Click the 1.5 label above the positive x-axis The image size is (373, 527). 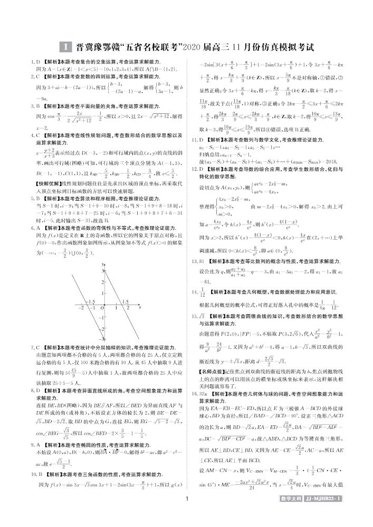[126, 301]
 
